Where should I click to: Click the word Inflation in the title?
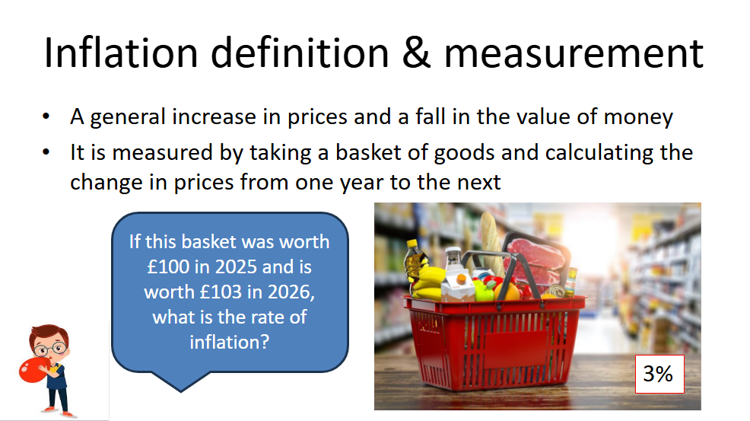click(120, 53)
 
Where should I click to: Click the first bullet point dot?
click(46, 116)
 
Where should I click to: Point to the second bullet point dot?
click(46, 152)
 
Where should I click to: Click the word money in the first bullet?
click(638, 117)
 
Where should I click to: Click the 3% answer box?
click(659, 374)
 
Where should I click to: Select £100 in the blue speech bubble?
click(168, 266)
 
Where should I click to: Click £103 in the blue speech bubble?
click(221, 292)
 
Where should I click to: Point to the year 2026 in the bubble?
click(291, 292)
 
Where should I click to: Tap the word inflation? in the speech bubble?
click(230, 342)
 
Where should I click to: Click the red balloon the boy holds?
click(33, 370)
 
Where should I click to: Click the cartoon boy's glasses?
click(49, 348)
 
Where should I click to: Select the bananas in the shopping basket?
click(427, 283)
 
